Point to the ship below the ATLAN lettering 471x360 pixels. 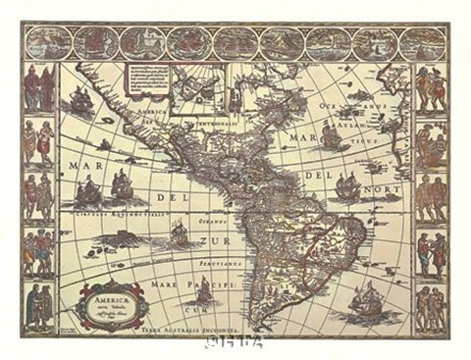coord(332,137)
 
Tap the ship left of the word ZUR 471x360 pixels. coord(179,232)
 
